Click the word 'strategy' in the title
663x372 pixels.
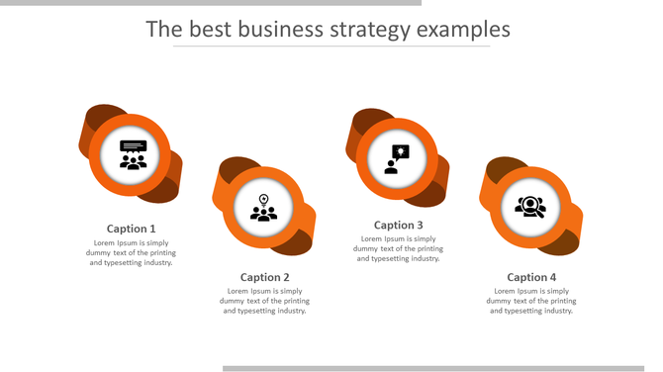click(x=371, y=30)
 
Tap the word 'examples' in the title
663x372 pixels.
click(x=463, y=30)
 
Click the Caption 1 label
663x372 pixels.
click(x=132, y=229)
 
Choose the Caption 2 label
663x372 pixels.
click(x=265, y=277)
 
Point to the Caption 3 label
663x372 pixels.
click(x=399, y=225)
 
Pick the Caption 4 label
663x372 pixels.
click(x=531, y=277)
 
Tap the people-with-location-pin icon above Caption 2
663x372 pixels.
click(x=264, y=208)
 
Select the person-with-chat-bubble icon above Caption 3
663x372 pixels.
click(x=397, y=158)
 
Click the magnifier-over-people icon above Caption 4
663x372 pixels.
click(x=530, y=207)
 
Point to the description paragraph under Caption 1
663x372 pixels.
click(x=132, y=252)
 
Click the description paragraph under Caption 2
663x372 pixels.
click(x=265, y=301)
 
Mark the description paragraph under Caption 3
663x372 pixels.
click(x=399, y=248)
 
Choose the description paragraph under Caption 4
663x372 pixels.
click(x=531, y=301)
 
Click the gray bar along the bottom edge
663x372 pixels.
click(x=440, y=368)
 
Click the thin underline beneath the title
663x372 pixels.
click(x=331, y=46)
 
